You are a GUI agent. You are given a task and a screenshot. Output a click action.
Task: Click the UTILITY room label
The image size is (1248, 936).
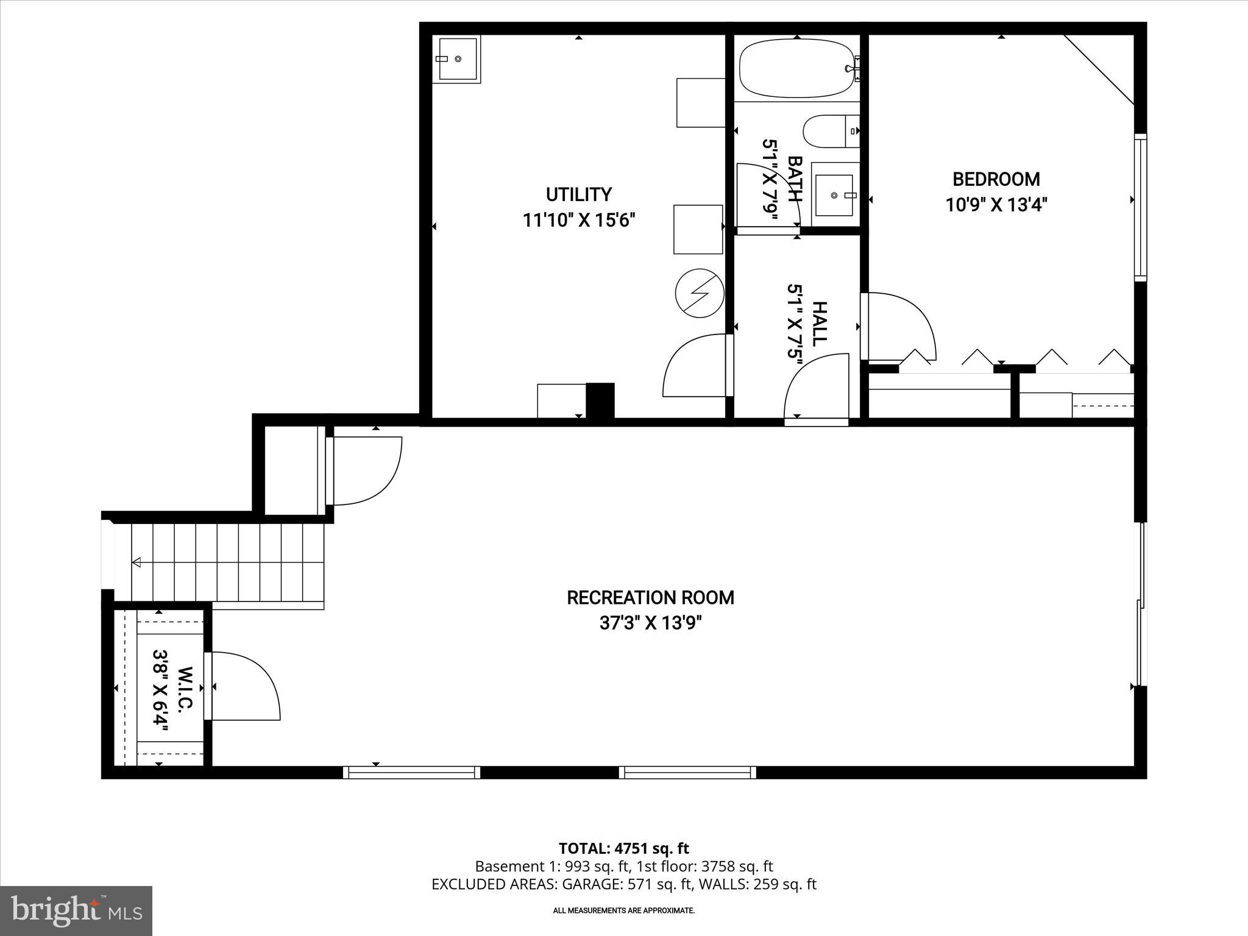click(x=578, y=194)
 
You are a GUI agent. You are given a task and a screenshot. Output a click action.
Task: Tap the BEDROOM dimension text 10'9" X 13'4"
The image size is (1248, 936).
click(x=996, y=205)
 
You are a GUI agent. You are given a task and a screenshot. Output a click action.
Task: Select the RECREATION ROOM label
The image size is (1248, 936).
click(x=650, y=598)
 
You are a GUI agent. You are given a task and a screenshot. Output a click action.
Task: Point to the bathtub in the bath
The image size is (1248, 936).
click(x=795, y=68)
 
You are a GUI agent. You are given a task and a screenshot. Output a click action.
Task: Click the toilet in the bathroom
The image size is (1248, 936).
click(x=825, y=131)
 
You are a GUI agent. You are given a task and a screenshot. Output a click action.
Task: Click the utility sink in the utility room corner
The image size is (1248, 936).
click(x=458, y=58)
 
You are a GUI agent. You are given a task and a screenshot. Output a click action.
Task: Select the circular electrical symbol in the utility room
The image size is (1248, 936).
click(x=700, y=293)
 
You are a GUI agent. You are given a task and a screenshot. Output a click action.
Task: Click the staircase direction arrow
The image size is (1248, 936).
click(x=136, y=562)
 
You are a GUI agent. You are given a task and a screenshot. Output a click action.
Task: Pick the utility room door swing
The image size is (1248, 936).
click(x=695, y=366)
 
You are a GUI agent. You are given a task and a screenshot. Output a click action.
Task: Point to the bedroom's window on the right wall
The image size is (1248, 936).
click(x=1140, y=207)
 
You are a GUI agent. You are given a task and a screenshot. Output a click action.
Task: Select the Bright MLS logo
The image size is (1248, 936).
click(x=76, y=910)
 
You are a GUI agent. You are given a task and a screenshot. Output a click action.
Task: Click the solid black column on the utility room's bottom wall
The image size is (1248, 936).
click(x=600, y=400)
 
